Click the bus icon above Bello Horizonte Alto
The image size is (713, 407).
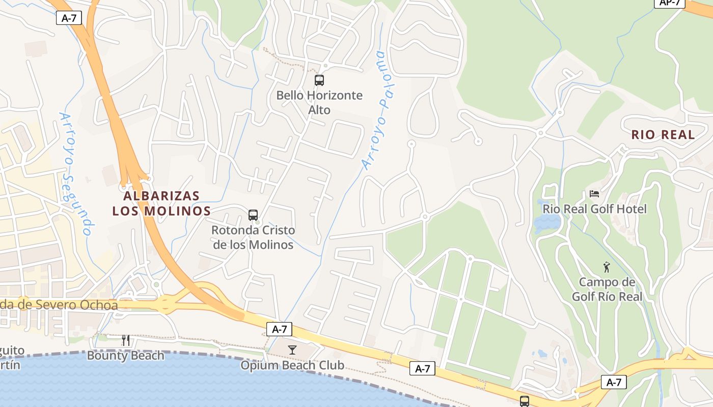319,80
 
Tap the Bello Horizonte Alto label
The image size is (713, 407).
319,102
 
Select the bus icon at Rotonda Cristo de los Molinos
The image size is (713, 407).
253,215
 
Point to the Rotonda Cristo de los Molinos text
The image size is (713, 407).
253,237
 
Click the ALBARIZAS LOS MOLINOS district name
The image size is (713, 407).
161,203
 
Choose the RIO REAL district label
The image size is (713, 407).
663,135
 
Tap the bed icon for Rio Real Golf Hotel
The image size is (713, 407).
594,194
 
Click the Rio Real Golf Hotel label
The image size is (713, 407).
594,209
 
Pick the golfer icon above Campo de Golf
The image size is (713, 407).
606,267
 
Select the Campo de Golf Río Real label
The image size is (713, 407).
607,289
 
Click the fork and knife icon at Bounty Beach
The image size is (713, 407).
126,340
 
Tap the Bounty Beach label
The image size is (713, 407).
126,355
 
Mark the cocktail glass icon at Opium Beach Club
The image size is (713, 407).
292,350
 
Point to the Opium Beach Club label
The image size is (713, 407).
292,365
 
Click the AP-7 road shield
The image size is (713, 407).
670,3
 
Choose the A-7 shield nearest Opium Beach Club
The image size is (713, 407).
280,329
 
